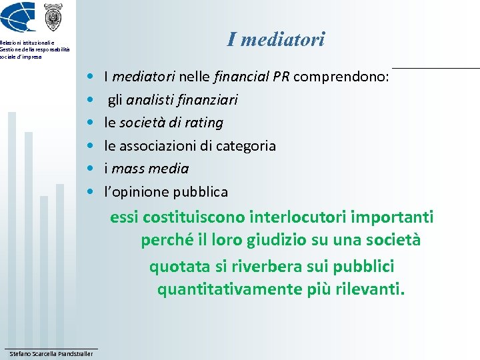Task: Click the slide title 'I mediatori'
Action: click(x=275, y=39)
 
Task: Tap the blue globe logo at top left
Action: click(x=18, y=17)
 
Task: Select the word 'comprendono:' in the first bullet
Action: click(x=341, y=77)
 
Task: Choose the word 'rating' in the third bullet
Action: click(x=205, y=123)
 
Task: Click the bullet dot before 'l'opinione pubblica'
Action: click(x=91, y=192)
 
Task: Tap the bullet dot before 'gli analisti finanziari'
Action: click(x=91, y=100)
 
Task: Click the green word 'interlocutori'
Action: click(x=296, y=217)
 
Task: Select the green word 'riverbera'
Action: click(x=264, y=267)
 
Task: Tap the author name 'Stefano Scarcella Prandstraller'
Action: click(x=51, y=353)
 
